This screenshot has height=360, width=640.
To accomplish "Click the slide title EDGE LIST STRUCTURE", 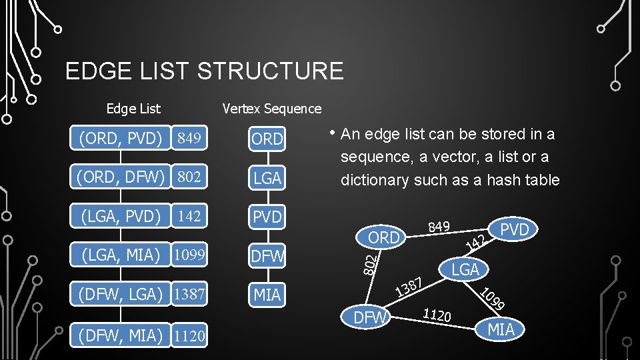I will point(204,71).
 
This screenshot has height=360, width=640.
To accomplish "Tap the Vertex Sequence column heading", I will point(271,109).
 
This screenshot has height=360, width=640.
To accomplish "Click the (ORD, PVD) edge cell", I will point(120,139).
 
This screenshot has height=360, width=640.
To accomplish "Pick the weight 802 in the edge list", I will point(189,178).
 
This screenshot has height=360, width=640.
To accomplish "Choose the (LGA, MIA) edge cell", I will point(120,254).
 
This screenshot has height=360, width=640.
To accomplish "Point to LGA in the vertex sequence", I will point(267,178).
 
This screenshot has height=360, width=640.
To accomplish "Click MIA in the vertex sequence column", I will point(267,294).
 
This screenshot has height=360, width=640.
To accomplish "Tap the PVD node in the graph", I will point(514,230).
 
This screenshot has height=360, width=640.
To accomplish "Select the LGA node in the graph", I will point(465,269).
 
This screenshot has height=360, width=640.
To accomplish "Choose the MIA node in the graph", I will point(501,329).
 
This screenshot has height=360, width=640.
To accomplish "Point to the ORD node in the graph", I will point(383,237).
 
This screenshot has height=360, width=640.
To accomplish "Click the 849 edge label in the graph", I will point(439,227).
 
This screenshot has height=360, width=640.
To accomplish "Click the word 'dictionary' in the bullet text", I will point(375,180).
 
